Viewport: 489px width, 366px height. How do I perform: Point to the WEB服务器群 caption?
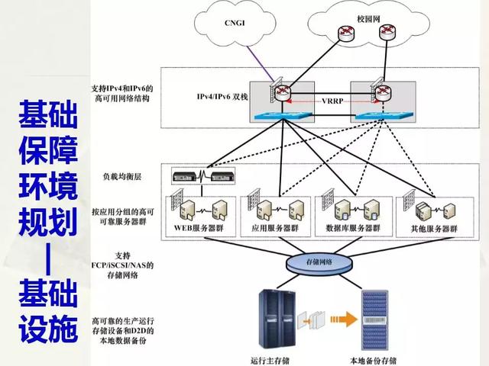pyautogui.click(x=196, y=227)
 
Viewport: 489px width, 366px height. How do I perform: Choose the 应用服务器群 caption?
pyautogui.click(x=271, y=227)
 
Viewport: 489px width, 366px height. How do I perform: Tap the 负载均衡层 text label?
pyautogui.click(x=121, y=175)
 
